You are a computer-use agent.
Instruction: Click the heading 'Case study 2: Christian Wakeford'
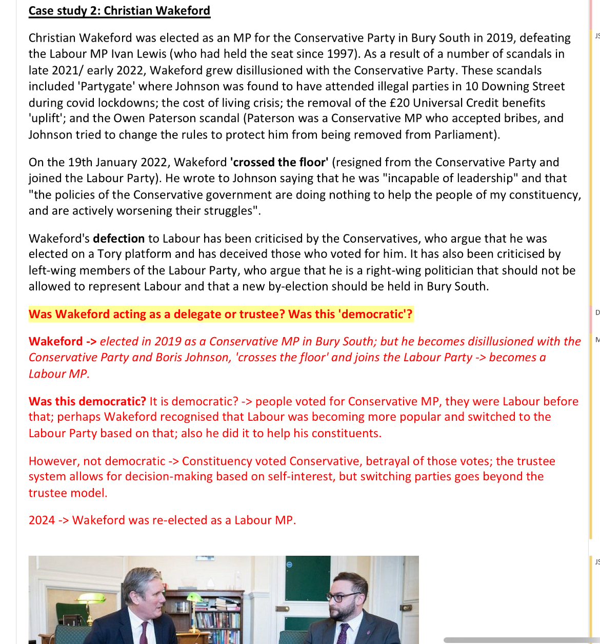119,11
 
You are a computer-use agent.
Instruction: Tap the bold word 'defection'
119,239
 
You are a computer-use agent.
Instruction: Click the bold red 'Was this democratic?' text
87,401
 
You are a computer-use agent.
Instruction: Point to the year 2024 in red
42,520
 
